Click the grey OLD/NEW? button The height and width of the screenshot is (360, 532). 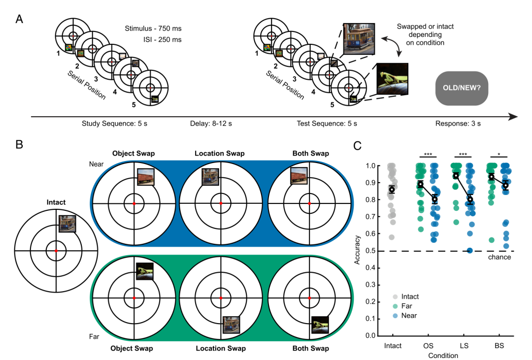point(462,88)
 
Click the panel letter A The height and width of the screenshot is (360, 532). point(19,19)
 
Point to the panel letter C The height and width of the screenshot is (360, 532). point(357,146)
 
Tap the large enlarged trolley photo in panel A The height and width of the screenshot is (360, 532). point(359,39)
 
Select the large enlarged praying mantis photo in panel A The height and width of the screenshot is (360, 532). point(393,79)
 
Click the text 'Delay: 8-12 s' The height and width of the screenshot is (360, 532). point(211,124)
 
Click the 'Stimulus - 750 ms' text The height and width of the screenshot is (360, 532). point(153,29)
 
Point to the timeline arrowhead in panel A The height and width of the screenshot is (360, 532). point(513,117)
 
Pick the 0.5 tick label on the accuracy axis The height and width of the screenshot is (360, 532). point(370,251)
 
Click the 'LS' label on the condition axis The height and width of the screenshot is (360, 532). point(464,346)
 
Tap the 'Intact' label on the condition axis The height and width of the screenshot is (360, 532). point(393,346)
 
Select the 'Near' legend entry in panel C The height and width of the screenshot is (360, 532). point(405,316)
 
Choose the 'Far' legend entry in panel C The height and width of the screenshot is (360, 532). point(403,306)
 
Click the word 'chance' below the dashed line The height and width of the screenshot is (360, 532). point(499,257)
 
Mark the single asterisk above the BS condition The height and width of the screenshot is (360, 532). point(499,155)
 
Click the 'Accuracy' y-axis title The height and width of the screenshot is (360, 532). point(357,250)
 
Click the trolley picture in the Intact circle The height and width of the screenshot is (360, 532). point(67,224)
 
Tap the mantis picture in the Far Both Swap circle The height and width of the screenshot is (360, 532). point(320,325)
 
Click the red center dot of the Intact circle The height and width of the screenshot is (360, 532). point(56,251)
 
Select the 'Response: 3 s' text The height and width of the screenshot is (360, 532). point(458,124)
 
